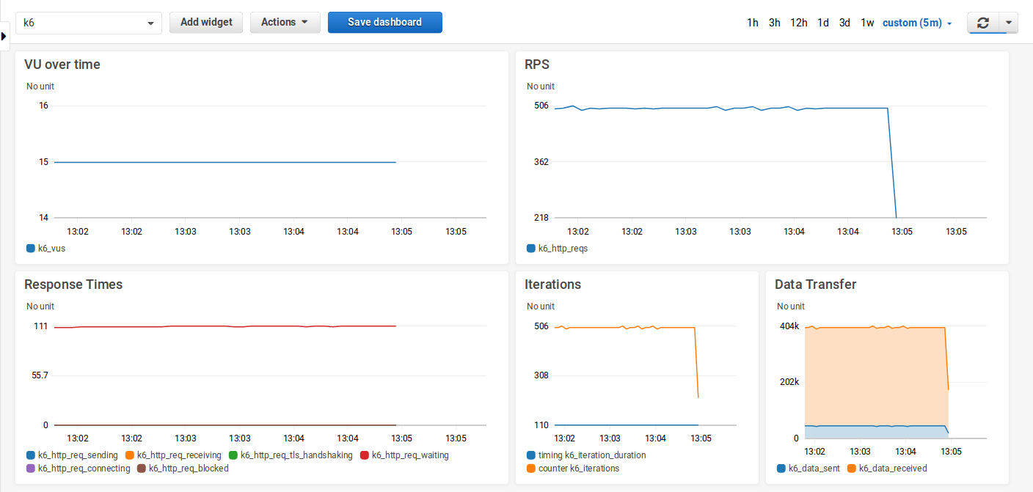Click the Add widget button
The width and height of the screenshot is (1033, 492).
point(206,22)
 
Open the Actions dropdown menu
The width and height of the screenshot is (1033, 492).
point(285,22)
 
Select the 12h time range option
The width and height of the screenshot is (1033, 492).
point(799,23)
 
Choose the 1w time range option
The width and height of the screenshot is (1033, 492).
point(867,23)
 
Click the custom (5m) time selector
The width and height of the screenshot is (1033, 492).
point(916,23)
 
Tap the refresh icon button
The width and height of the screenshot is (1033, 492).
point(983,23)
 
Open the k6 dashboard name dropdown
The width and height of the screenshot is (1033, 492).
point(89,23)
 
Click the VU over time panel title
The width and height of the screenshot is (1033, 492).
point(62,65)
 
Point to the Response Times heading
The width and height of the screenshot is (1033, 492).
point(73,284)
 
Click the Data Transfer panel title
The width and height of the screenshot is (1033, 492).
point(815,284)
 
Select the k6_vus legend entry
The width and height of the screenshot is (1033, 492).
point(51,249)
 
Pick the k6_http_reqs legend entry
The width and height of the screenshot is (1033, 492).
point(563,249)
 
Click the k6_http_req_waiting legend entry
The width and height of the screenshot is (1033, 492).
point(409,455)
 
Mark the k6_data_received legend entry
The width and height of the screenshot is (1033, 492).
point(892,469)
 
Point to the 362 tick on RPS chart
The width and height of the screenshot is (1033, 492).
point(541,161)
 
